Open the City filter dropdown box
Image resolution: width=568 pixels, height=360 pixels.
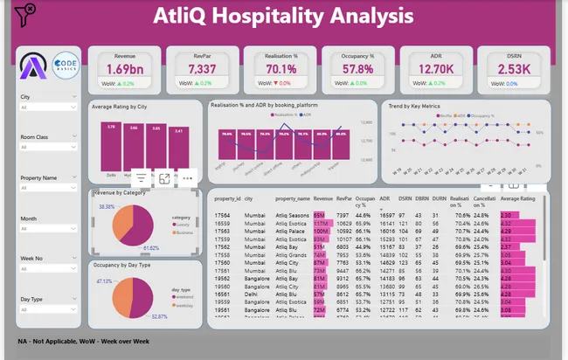(x=49, y=108)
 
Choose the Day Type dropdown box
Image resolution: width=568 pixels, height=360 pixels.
(x=49, y=310)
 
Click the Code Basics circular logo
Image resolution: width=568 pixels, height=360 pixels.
(x=66, y=66)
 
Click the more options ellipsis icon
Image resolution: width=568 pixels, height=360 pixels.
(x=187, y=178)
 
